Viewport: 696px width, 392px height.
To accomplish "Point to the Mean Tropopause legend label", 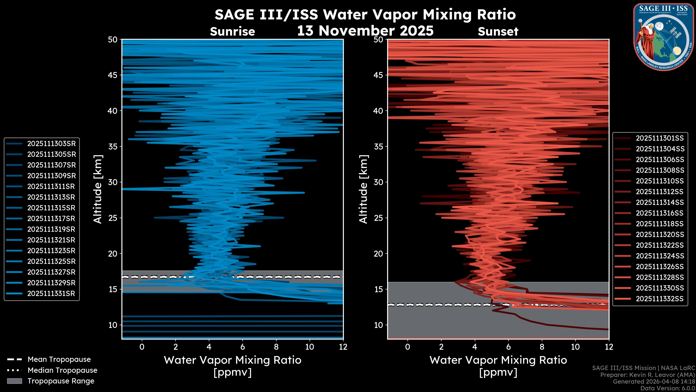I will point(59,360).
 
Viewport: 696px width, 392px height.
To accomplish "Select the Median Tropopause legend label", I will point(62,370).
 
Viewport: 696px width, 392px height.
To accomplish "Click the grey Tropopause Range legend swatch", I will point(14,381).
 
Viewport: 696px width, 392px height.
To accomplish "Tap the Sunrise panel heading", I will point(232,32).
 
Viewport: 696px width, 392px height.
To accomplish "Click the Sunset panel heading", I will point(498,32).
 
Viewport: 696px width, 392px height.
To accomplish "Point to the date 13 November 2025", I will point(365,30).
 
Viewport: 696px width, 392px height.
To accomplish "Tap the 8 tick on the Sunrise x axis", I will point(276,347).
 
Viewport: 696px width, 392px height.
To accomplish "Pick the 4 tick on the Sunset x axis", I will point(475,347).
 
